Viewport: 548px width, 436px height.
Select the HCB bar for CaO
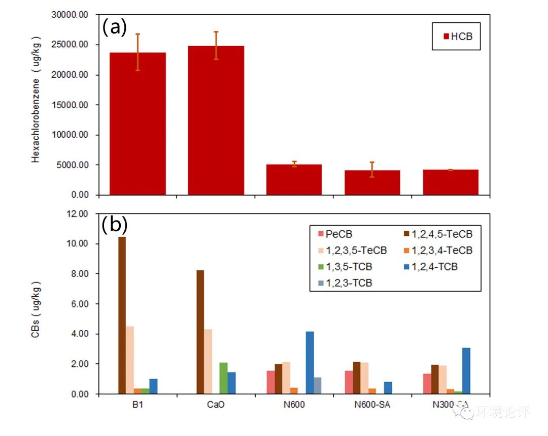[216, 120]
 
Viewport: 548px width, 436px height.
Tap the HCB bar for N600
[294, 179]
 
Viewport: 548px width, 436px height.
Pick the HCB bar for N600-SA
[372, 182]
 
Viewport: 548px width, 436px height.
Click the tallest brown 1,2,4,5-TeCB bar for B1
[122, 315]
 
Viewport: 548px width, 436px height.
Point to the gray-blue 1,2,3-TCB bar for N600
[318, 386]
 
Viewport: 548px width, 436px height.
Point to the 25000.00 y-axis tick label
[70, 45]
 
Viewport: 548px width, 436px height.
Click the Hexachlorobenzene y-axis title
[36, 99]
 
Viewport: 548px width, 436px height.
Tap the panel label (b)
[115, 225]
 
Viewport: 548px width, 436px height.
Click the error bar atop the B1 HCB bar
[138, 51]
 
